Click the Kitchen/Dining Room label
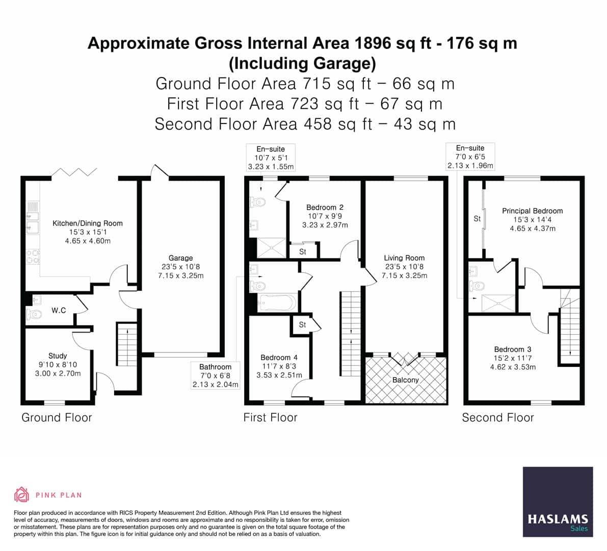[x=88, y=223]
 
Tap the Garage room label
[x=180, y=258]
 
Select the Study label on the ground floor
[x=58, y=356]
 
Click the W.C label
[x=59, y=310]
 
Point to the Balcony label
[x=405, y=380]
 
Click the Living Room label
[x=404, y=258]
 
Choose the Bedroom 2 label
[x=325, y=208]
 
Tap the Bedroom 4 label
[x=279, y=358]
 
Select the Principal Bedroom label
[x=532, y=211]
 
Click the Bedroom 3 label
[x=513, y=349]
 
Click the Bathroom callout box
[x=215, y=375]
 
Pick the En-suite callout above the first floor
[x=271, y=158]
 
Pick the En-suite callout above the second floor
[x=470, y=157]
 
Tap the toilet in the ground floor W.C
[x=34, y=314]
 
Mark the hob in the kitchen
[x=32, y=257]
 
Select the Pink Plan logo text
[x=59, y=495]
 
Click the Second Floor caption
[x=497, y=418]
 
